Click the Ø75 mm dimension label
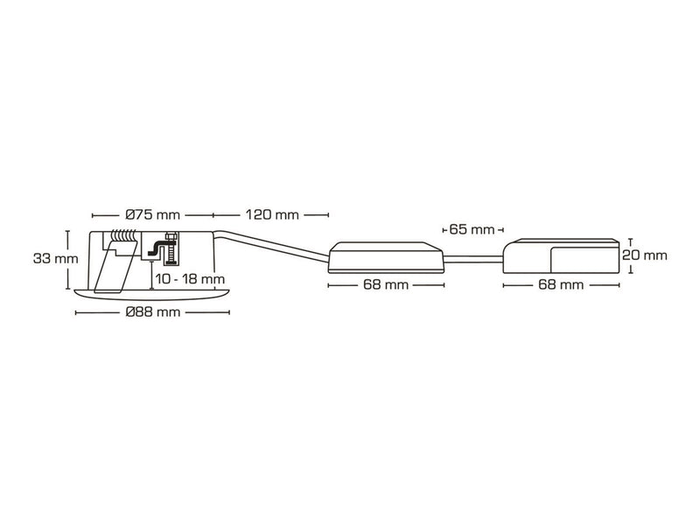pyautogui.click(x=153, y=215)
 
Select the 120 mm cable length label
pyautogui.click(x=272, y=215)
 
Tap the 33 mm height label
pyautogui.click(x=56, y=258)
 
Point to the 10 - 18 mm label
pyautogui.click(x=190, y=280)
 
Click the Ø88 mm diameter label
pyautogui.click(x=153, y=312)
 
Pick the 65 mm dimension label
pyautogui.click(x=472, y=230)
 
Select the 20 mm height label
pyautogui.click(x=645, y=255)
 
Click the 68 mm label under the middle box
pyautogui.click(x=386, y=285)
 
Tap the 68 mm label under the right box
pyautogui.click(x=561, y=285)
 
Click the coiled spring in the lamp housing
pyautogui.click(x=123, y=236)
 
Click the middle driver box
pyautogui.click(x=386, y=257)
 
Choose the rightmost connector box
pyautogui.click(x=561, y=255)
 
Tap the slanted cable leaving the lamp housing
pyautogui.click(x=271, y=244)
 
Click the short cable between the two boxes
pyautogui.click(x=473, y=259)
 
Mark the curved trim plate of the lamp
pyautogui.click(x=152, y=294)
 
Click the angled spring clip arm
pyautogui.click(x=114, y=269)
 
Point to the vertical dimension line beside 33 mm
pyautogui.click(x=68, y=260)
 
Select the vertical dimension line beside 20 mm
pyautogui.click(x=630, y=255)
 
